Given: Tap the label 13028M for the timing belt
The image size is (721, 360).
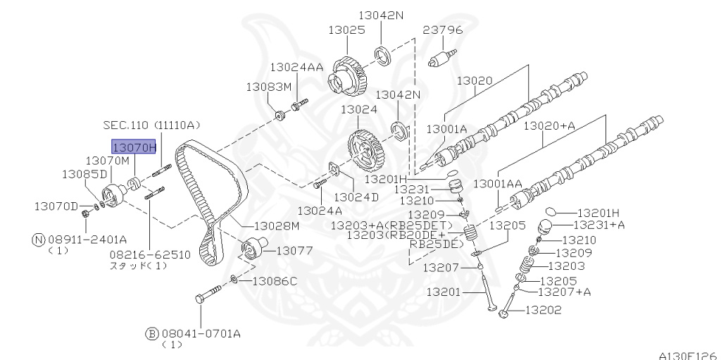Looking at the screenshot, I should (x=277, y=225).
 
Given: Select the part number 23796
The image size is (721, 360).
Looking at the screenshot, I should (x=443, y=30).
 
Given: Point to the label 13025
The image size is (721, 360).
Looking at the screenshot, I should (x=346, y=30).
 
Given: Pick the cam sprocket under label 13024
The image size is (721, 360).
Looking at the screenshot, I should (x=365, y=149).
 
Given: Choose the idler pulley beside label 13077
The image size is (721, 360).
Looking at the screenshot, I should (x=251, y=250).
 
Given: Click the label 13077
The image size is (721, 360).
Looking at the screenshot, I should (x=294, y=250).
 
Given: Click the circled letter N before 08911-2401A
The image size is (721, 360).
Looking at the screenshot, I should (x=38, y=239).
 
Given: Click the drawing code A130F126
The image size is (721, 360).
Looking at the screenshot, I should (x=687, y=354).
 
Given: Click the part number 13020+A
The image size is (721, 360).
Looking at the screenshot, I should (x=549, y=126).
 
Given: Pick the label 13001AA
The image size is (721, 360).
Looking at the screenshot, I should (x=497, y=183).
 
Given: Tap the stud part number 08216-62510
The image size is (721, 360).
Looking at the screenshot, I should (x=149, y=254).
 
